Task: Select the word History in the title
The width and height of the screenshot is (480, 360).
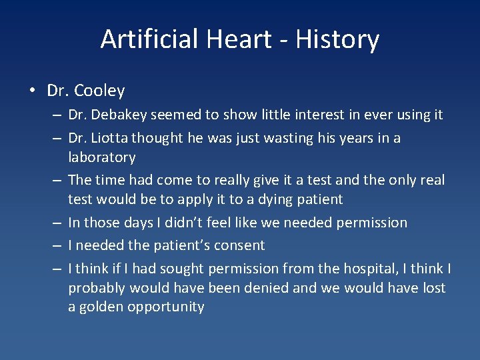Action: click(338, 39)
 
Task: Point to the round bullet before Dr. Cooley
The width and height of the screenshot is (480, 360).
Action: click(33, 91)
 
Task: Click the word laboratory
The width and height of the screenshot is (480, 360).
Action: click(101, 157)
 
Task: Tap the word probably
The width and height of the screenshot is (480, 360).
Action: click(97, 288)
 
